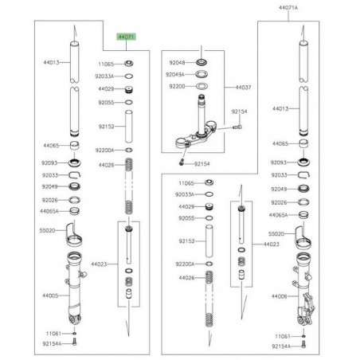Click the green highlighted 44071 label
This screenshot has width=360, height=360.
[x=127, y=37]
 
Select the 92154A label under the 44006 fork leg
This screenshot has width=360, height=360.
[x=280, y=347]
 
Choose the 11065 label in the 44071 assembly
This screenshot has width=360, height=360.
[x=107, y=62]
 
